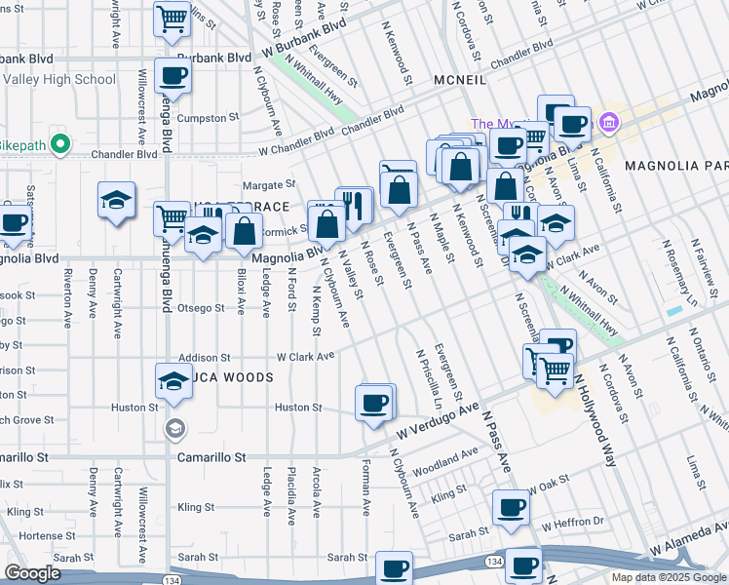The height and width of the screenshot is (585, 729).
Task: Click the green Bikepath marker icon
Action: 59,144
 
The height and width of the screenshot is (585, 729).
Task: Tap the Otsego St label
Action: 201,308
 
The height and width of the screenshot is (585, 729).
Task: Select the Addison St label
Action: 204,358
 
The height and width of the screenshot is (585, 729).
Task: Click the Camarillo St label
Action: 211,455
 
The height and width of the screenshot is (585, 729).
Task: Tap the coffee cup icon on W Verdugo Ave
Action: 374,403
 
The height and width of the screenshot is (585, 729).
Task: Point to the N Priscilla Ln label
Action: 430,378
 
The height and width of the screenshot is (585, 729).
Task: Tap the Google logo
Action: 33,573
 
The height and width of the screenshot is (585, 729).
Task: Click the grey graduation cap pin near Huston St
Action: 173,427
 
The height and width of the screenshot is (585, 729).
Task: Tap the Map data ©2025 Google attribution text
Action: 668,577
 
